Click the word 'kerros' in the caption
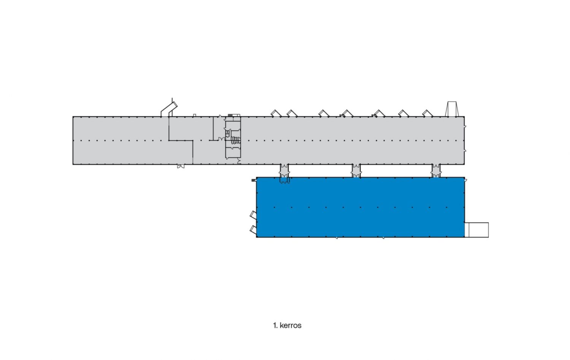(x=290, y=326)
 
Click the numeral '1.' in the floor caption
(x=275, y=326)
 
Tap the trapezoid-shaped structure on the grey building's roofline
(x=452, y=109)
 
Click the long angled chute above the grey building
(x=169, y=109)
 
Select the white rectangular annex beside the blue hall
(x=477, y=230)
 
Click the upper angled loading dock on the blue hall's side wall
(x=253, y=214)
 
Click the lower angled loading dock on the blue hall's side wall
(x=253, y=229)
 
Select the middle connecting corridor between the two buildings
(x=356, y=171)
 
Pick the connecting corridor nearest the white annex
(x=436, y=171)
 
